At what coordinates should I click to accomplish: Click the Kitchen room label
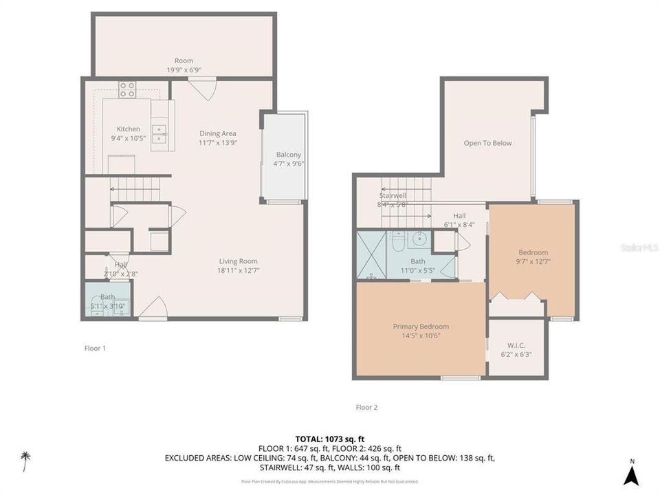pyautogui.click(x=128, y=129)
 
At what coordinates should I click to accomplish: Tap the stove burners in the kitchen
pyautogui.click(x=128, y=89)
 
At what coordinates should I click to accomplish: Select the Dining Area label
pyautogui.click(x=218, y=133)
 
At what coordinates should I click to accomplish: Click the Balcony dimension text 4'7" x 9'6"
pyautogui.click(x=289, y=164)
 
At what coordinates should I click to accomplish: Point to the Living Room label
pyautogui.click(x=239, y=261)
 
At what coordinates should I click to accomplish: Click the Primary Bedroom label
pyautogui.click(x=421, y=327)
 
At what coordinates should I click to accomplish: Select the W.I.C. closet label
pyautogui.click(x=516, y=345)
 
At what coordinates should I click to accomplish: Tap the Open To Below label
pyautogui.click(x=487, y=143)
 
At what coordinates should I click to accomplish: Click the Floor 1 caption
pyautogui.click(x=95, y=348)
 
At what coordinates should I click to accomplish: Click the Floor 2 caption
pyautogui.click(x=366, y=407)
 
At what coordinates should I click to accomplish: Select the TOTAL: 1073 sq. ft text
pyautogui.click(x=329, y=438)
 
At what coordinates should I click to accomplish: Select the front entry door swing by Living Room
pyautogui.click(x=152, y=308)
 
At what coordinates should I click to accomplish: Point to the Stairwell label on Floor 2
pyautogui.click(x=393, y=195)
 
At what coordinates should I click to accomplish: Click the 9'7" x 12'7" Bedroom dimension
pyautogui.click(x=533, y=261)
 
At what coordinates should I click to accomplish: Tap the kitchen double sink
pyautogui.click(x=159, y=132)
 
